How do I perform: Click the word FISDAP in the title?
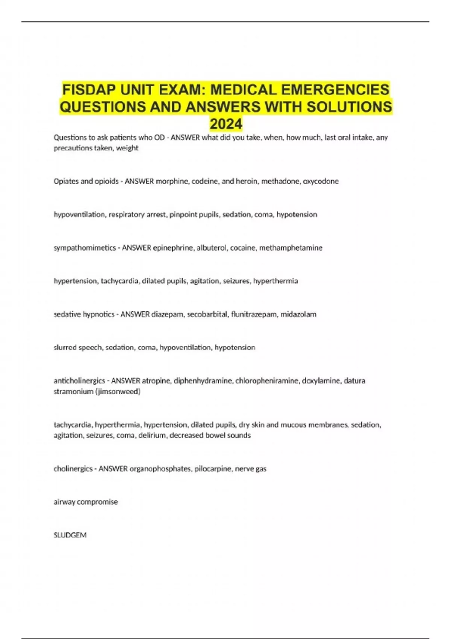coord(84,90)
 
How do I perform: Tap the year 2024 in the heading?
coord(226,124)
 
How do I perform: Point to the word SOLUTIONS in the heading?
coord(349,107)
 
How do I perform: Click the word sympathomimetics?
coord(85,248)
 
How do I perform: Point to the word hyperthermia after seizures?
coord(275,281)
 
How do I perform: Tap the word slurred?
coord(65,348)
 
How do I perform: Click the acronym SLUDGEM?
coord(70,535)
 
